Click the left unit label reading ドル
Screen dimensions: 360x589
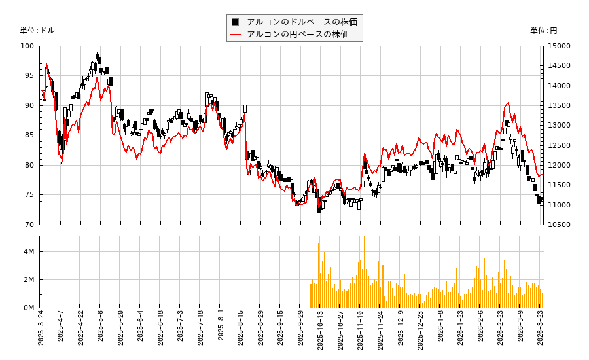click(37, 31)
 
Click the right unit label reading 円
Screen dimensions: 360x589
click(543, 31)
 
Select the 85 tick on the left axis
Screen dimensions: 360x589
click(29, 135)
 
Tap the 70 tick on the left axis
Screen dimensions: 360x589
click(29, 225)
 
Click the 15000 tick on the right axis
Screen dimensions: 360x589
click(558, 46)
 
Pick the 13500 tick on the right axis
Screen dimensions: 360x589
click(558, 106)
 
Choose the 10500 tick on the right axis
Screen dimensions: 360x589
click(558, 225)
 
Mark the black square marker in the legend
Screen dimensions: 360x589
click(236, 22)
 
